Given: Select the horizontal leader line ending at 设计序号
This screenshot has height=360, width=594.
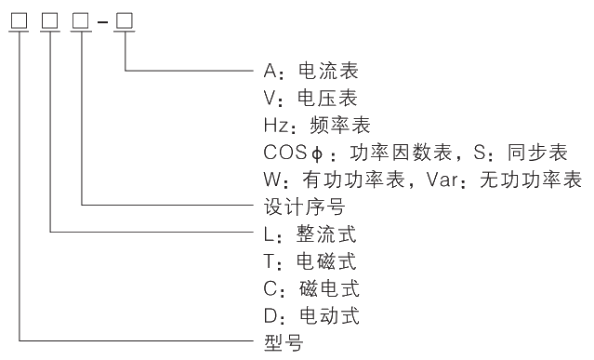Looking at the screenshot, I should click(167, 205).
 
